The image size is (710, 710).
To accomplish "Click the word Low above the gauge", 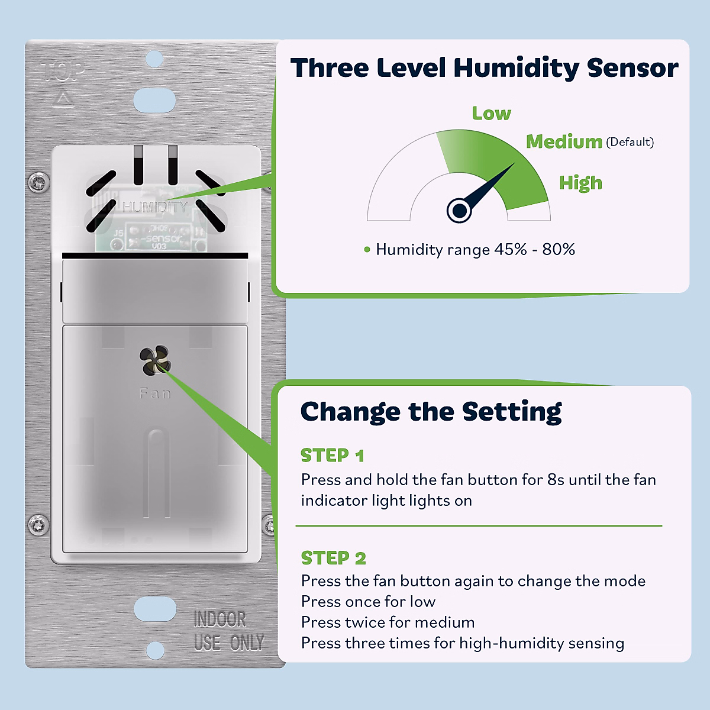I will coord(491,113).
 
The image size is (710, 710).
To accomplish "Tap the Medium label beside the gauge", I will coord(564,141).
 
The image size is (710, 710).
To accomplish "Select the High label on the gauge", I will coord(580,183).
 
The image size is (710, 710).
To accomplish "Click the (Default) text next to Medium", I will coord(630,142).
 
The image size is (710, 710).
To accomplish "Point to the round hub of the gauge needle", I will coord(459,210).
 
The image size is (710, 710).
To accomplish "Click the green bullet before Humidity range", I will coord(367,250).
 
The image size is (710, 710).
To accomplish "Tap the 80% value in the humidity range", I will coord(559,249).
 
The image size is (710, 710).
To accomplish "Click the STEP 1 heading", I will coord(332,456).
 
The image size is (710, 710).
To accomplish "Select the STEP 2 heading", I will coord(333,558).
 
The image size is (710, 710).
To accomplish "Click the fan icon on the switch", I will coord(155,362).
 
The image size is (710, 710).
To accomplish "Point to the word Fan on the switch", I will coord(155,393).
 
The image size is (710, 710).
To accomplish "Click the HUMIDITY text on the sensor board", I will coord(154,206).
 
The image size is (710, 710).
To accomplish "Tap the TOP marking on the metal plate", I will coord(64,72).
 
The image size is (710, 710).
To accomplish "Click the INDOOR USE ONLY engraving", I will coord(228,631).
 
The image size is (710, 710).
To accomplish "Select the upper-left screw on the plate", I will coord(39,182).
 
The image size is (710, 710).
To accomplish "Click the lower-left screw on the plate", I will coord(39,524).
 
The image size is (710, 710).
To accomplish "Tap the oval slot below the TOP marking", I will coord(154,101).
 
